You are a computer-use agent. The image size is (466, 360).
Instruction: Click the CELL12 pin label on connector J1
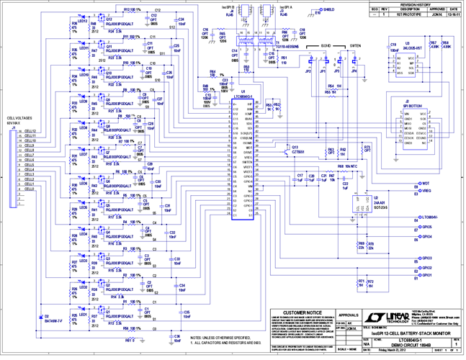pos(30,132)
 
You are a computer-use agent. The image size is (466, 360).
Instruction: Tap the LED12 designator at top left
pos(83,21)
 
